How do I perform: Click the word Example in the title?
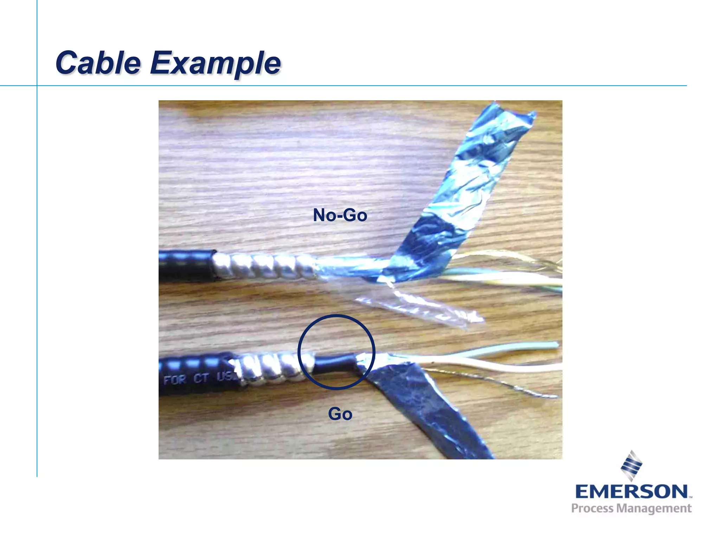tap(215, 63)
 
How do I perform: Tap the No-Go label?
tap(340, 215)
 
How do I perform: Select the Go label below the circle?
tap(340, 414)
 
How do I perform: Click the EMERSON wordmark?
tap(631, 491)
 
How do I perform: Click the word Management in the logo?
tap(654, 509)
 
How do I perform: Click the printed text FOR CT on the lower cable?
tap(186, 379)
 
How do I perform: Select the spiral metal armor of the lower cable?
tap(271, 367)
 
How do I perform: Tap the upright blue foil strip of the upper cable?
tap(468, 186)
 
